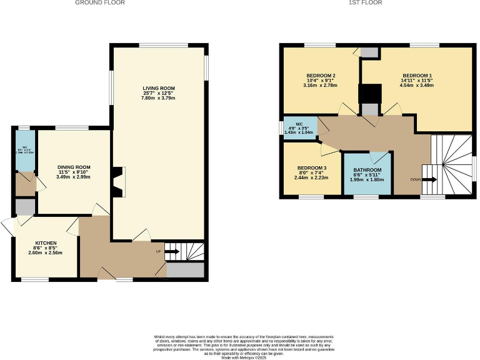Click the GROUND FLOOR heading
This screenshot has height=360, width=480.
click(100, 3)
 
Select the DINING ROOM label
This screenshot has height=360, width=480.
click(74, 167)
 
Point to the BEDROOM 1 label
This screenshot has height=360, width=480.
click(417, 75)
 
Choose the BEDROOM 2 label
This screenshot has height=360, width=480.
click(322, 75)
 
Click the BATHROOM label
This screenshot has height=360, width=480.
click(368, 170)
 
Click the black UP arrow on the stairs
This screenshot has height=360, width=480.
click(172, 252)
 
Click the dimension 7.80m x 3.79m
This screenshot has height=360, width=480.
click(158, 99)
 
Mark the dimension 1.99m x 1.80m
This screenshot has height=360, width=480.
click(368, 181)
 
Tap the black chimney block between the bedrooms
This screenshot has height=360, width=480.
click(368, 94)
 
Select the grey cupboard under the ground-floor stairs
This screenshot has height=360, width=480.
click(186, 270)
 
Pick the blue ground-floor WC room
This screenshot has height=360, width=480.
click(26, 151)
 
